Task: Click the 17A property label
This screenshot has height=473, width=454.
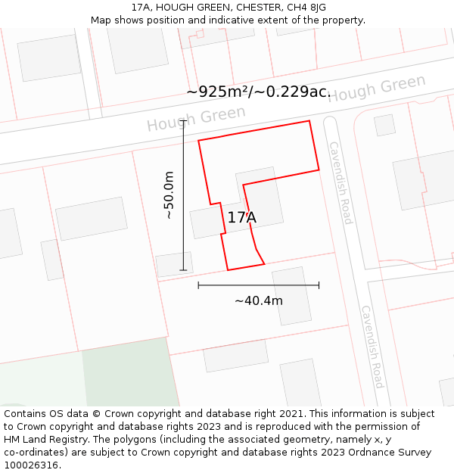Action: pos(242,218)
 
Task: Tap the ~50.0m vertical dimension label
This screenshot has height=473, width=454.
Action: pos(169,195)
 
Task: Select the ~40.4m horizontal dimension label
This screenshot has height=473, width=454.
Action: pos(258,300)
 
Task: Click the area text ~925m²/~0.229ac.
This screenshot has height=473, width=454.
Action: pos(259,92)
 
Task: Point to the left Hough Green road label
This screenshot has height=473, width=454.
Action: pos(196,119)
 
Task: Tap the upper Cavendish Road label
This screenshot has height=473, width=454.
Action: pos(340,182)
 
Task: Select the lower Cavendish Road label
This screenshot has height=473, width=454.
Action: pos(372,346)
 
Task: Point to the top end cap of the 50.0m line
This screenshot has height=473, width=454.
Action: pos(183,120)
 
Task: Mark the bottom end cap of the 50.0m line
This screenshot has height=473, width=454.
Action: pos(183,270)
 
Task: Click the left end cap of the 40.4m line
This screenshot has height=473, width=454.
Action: pos(198,285)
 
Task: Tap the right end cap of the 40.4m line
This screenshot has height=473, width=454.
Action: pos(319,285)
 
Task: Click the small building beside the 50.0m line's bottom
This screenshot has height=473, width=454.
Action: pos(174,264)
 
